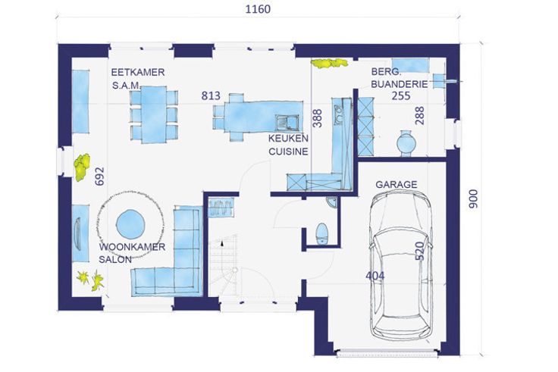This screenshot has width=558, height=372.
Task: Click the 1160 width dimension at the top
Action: point(258,9)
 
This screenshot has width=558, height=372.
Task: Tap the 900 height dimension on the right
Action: point(473,199)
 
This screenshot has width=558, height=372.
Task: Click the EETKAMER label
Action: point(138,72)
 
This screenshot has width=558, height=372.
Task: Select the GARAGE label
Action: point(396,185)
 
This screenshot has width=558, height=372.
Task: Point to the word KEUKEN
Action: point(288,138)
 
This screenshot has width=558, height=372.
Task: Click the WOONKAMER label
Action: point(132,247)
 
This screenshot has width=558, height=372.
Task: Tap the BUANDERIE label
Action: point(400,84)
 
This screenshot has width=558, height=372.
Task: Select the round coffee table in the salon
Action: point(130,224)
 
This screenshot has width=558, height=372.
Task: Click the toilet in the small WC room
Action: point(321,233)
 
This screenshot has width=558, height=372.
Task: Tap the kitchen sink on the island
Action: point(287,122)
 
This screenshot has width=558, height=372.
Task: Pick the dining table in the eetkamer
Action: point(154,114)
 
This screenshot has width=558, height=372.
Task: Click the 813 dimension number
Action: point(211,95)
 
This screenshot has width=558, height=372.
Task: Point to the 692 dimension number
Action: point(99,176)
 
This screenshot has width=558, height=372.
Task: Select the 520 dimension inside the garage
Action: point(420,251)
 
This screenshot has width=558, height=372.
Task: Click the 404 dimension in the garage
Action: point(375,276)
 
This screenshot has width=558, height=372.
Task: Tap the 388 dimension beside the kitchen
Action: point(317,118)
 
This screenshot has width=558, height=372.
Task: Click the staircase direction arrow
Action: point(222,244)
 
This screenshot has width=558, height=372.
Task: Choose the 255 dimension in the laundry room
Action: point(401,95)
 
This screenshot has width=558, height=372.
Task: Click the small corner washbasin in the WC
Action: point(331,202)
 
